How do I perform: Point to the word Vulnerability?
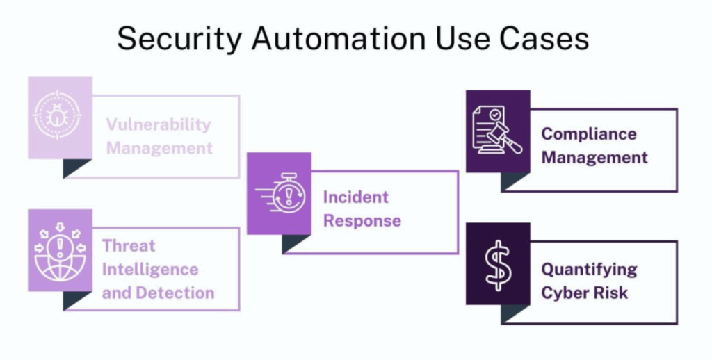click(x=158, y=125)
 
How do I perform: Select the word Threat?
click(x=129, y=245)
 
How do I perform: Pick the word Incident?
click(x=355, y=197)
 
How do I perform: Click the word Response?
click(x=362, y=222)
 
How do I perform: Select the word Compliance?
click(x=589, y=133)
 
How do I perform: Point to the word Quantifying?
click(x=589, y=269)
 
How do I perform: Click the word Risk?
click(x=612, y=293)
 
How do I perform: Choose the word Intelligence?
click(x=149, y=269)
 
